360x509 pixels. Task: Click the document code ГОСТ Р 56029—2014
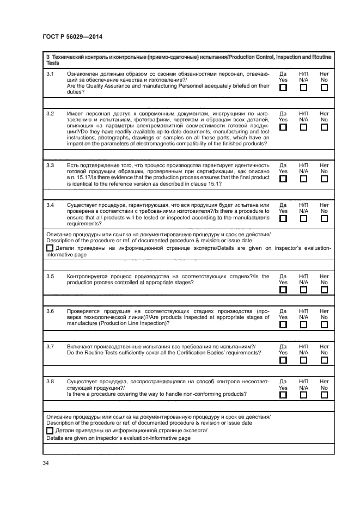point(72,37)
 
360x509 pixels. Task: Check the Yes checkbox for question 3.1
point(283,87)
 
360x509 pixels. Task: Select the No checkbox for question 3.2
point(324,127)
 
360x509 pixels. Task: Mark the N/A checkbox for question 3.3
point(303,179)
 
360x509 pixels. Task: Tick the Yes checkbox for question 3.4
point(283,218)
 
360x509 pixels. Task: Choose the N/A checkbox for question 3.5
point(303,290)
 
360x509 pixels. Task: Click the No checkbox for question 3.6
point(324,324)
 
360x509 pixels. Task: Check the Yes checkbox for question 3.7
point(283,360)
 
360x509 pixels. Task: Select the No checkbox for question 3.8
point(324,395)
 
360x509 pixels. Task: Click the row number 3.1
point(50,73)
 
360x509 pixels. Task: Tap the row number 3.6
point(50,311)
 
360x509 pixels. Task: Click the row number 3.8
point(50,381)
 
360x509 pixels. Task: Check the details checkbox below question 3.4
point(50,248)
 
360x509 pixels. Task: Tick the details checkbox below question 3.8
point(50,431)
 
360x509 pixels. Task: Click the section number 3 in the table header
point(48,57)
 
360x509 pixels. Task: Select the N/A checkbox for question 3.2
point(303,127)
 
